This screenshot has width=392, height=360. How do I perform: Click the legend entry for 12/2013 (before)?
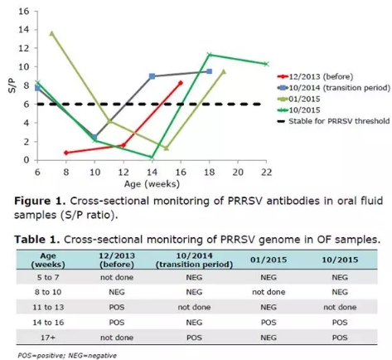click(x=315, y=76)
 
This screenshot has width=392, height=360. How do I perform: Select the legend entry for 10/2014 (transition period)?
click(x=334, y=88)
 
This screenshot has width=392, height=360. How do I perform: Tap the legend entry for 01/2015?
click(x=299, y=99)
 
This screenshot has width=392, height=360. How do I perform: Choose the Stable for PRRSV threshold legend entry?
click(x=333, y=121)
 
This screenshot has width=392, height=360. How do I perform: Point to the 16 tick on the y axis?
click(x=23, y=12)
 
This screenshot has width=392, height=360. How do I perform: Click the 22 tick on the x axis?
click(x=266, y=173)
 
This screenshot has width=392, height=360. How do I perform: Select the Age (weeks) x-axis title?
click(x=152, y=184)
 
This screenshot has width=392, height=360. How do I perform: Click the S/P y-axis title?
click(x=12, y=85)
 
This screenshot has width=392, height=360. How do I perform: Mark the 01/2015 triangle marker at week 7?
click(x=51, y=34)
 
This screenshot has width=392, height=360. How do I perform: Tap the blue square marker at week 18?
click(x=210, y=71)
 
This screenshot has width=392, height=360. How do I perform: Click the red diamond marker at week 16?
click(x=181, y=83)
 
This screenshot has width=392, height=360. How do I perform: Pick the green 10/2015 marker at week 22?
click(x=266, y=64)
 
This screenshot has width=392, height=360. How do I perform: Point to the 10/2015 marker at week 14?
click(x=152, y=158)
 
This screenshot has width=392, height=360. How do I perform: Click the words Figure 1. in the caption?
click(x=40, y=201)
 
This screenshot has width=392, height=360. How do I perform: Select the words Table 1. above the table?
click(x=37, y=240)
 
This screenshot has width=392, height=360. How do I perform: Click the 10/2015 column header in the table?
click(x=340, y=260)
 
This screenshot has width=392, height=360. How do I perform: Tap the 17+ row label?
click(x=48, y=338)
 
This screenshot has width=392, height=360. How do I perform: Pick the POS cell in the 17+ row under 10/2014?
click(x=194, y=338)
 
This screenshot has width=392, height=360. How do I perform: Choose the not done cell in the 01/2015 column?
click(x=269, y=292)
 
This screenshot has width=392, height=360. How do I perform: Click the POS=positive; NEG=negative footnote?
click(x=67, y=355)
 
